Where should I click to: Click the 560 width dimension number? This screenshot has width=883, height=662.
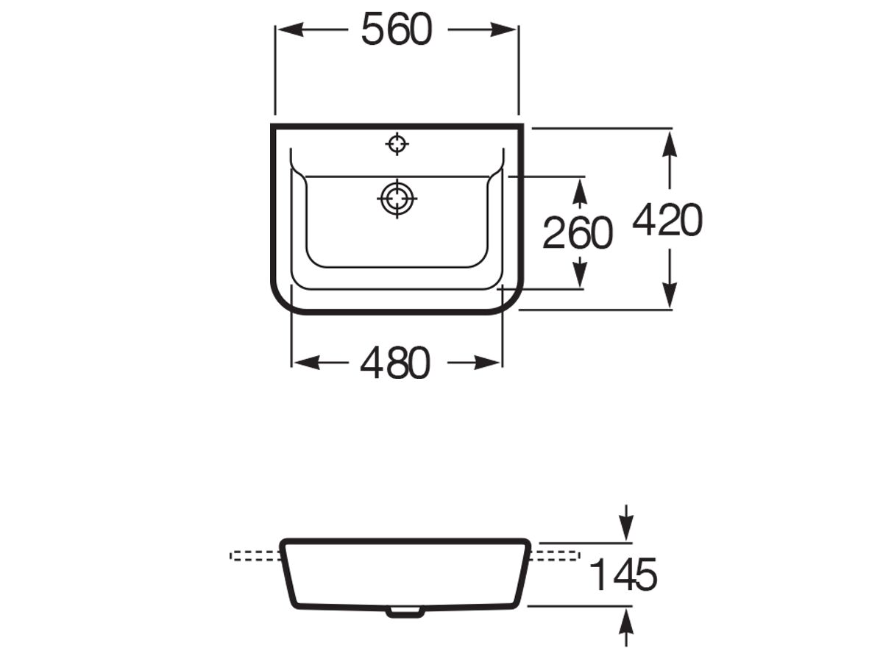[397, 29]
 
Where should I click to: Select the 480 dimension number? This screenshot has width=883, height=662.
[395, 363]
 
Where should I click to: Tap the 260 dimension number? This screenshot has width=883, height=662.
[578, 233]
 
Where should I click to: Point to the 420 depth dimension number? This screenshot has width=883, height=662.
[668, 219]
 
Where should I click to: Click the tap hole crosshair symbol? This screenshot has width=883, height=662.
[397, 143]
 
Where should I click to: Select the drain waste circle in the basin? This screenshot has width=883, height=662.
[397, 199]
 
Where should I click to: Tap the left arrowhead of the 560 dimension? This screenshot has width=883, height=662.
[291, 29]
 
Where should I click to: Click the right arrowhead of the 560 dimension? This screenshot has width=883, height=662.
[503, 29]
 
